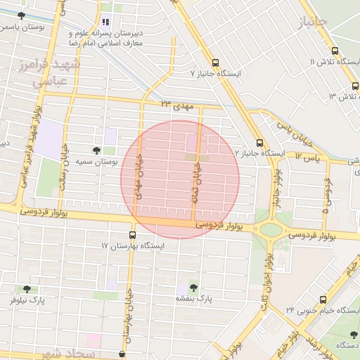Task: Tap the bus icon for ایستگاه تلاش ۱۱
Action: [335, 51]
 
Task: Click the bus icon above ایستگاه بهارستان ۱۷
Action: [133, 235]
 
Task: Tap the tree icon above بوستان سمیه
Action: [97, 150]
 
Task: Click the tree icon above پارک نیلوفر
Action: [27, 288]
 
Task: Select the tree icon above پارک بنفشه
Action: [193, 287]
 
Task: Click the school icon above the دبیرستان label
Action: [105, 22]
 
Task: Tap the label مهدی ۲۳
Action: [176, 105]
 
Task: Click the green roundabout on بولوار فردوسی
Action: [270, 230]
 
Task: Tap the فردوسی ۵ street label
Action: [326, 194]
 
